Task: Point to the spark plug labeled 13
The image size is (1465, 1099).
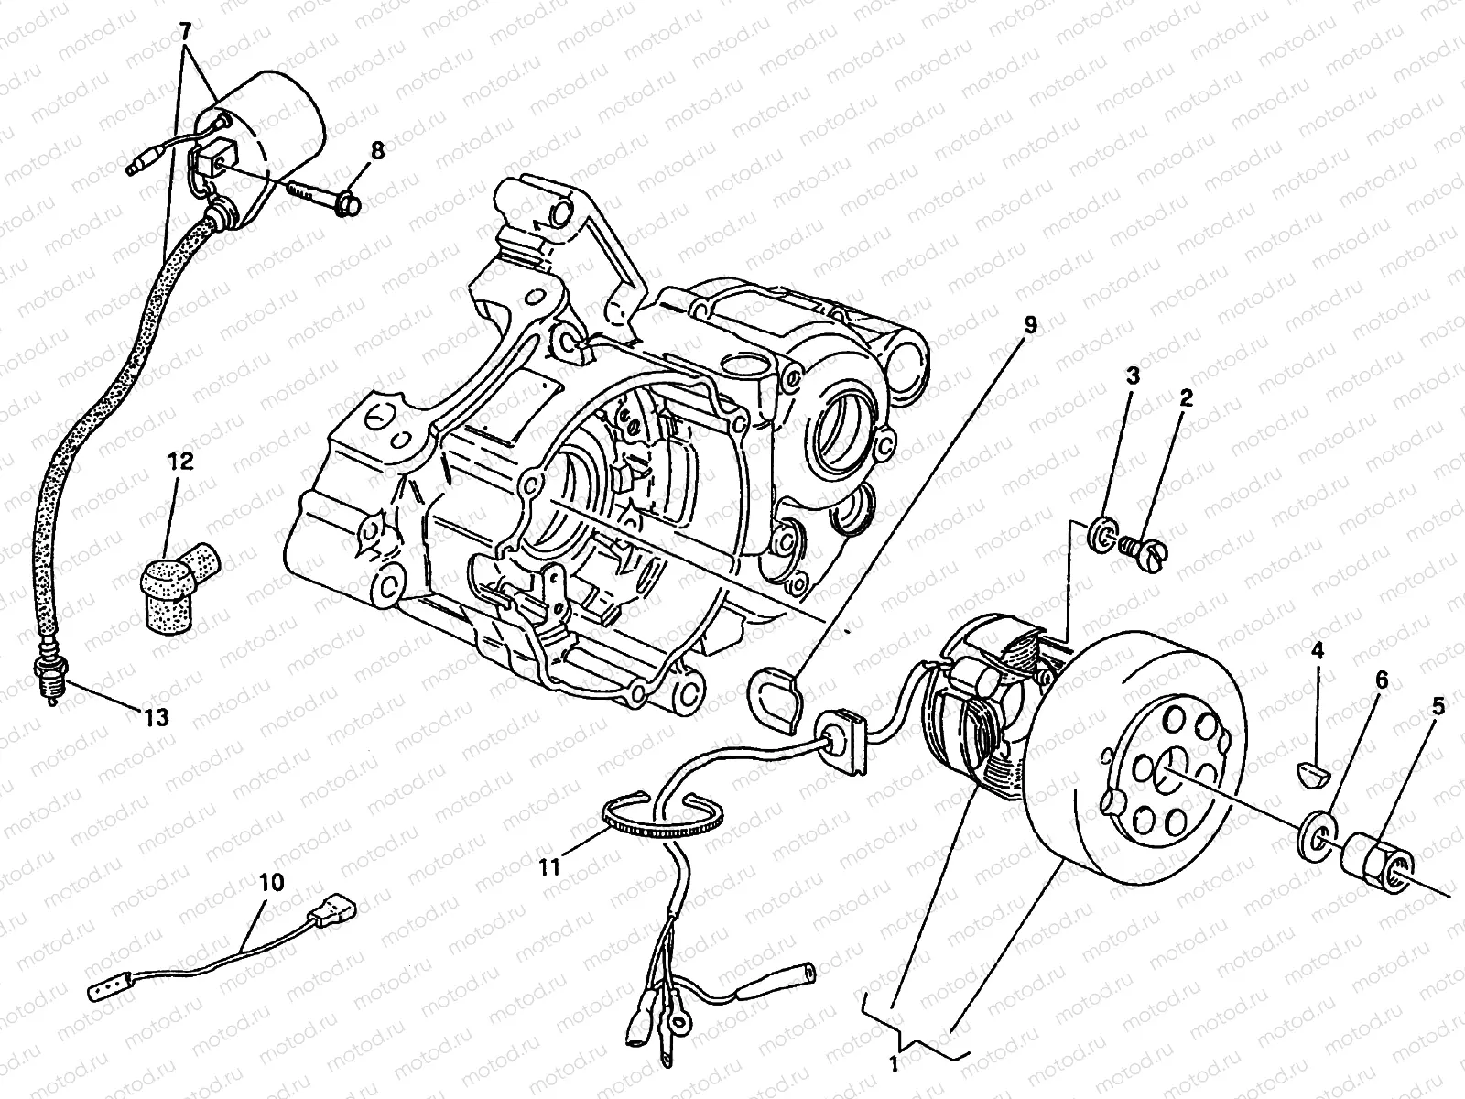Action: tap(46, 678)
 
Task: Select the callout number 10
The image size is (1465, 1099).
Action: tap(272, 883)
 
